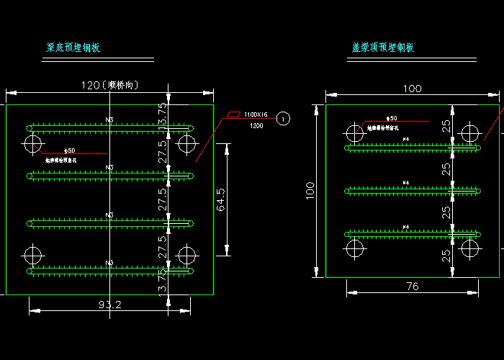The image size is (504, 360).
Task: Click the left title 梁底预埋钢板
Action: point(73,48)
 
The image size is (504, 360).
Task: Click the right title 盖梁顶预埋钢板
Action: point(383,48)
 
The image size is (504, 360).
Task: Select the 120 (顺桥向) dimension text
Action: point(109,85)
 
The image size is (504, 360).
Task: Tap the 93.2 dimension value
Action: point(109,305)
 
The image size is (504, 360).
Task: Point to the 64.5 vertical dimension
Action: point(221,199)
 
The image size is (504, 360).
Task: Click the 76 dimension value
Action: point(412,287)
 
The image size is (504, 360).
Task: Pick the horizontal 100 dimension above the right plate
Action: point(412,89)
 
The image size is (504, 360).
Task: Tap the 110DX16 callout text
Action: point(256,114)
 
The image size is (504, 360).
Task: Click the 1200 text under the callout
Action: point(256,126)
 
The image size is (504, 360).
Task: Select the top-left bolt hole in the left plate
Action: point(32,144)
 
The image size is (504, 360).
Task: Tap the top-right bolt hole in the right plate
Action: point(470,133)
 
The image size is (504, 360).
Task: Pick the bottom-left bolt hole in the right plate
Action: point(354,248)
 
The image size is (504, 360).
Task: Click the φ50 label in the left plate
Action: point(70,150)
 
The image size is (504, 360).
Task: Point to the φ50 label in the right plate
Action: point(391,117)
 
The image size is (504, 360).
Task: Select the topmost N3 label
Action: point(109,120)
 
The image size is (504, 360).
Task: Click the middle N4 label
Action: point(406,182)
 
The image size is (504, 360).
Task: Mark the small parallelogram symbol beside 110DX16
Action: point(234,114)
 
